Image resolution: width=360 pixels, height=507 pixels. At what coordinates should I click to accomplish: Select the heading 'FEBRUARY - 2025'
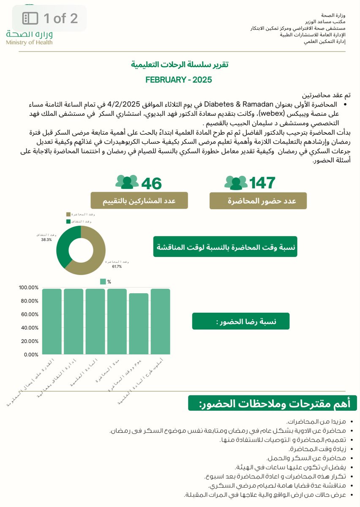pyautogui.click(x=179, y=79)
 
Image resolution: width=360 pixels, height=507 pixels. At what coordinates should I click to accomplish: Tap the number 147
pyautogui.click(x=262, y=183)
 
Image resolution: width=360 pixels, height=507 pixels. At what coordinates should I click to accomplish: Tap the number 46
pyautogui.click(x=151, y=183)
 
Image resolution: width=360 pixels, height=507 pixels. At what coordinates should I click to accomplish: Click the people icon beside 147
pyautogui.click(x=236, y=183)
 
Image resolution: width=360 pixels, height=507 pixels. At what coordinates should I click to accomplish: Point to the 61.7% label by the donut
pyautogui.click(x=117, y=267)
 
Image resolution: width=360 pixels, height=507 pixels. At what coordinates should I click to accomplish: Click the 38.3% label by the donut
pyautogui.click(x=44, y=239)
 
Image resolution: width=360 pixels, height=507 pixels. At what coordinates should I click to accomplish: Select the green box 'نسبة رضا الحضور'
pyautogui.click(x=240, y=322)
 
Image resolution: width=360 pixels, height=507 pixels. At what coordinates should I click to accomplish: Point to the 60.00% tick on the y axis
pyautogui.click(x=29, y=314)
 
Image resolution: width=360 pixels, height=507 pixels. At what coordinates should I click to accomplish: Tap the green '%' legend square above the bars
pyautogui.click(x=102, y=281)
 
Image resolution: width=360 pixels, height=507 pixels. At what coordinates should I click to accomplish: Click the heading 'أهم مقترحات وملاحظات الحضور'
pyautogui.click(x=272, y=403)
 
